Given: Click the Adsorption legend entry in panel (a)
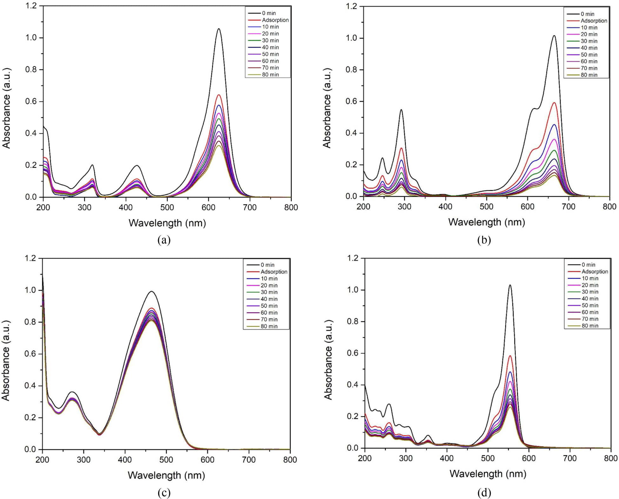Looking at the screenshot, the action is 268,20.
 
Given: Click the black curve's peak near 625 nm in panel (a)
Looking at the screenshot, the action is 219,29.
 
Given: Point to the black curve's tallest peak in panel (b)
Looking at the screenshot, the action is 554,36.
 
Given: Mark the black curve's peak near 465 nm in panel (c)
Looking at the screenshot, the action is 151,292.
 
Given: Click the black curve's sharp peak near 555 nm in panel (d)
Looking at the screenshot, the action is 510,285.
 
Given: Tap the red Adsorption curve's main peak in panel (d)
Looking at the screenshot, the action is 510,356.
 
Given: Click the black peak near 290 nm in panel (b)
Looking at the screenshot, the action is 401,110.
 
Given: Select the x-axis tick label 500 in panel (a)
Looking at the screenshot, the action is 167,208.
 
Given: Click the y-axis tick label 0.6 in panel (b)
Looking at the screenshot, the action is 351,101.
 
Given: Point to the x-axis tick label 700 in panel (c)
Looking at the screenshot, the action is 249,460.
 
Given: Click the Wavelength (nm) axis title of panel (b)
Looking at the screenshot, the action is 487,222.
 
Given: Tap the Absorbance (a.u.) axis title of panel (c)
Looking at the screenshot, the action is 6,361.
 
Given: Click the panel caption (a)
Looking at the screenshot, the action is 164,240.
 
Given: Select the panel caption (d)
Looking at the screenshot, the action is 484,493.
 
